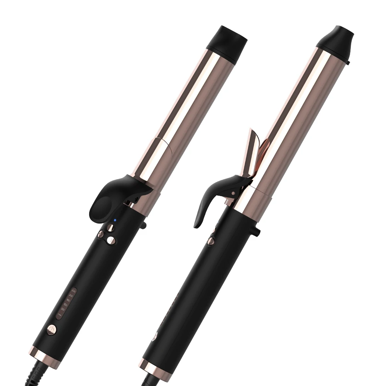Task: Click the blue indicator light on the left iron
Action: click(x=115, y=220)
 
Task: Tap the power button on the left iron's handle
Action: click(x=51, y=329)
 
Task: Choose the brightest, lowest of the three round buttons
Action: click(x=111, y=240)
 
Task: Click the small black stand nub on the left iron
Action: click(x=143, y=225)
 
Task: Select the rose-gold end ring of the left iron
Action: click(x=44, y=355)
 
